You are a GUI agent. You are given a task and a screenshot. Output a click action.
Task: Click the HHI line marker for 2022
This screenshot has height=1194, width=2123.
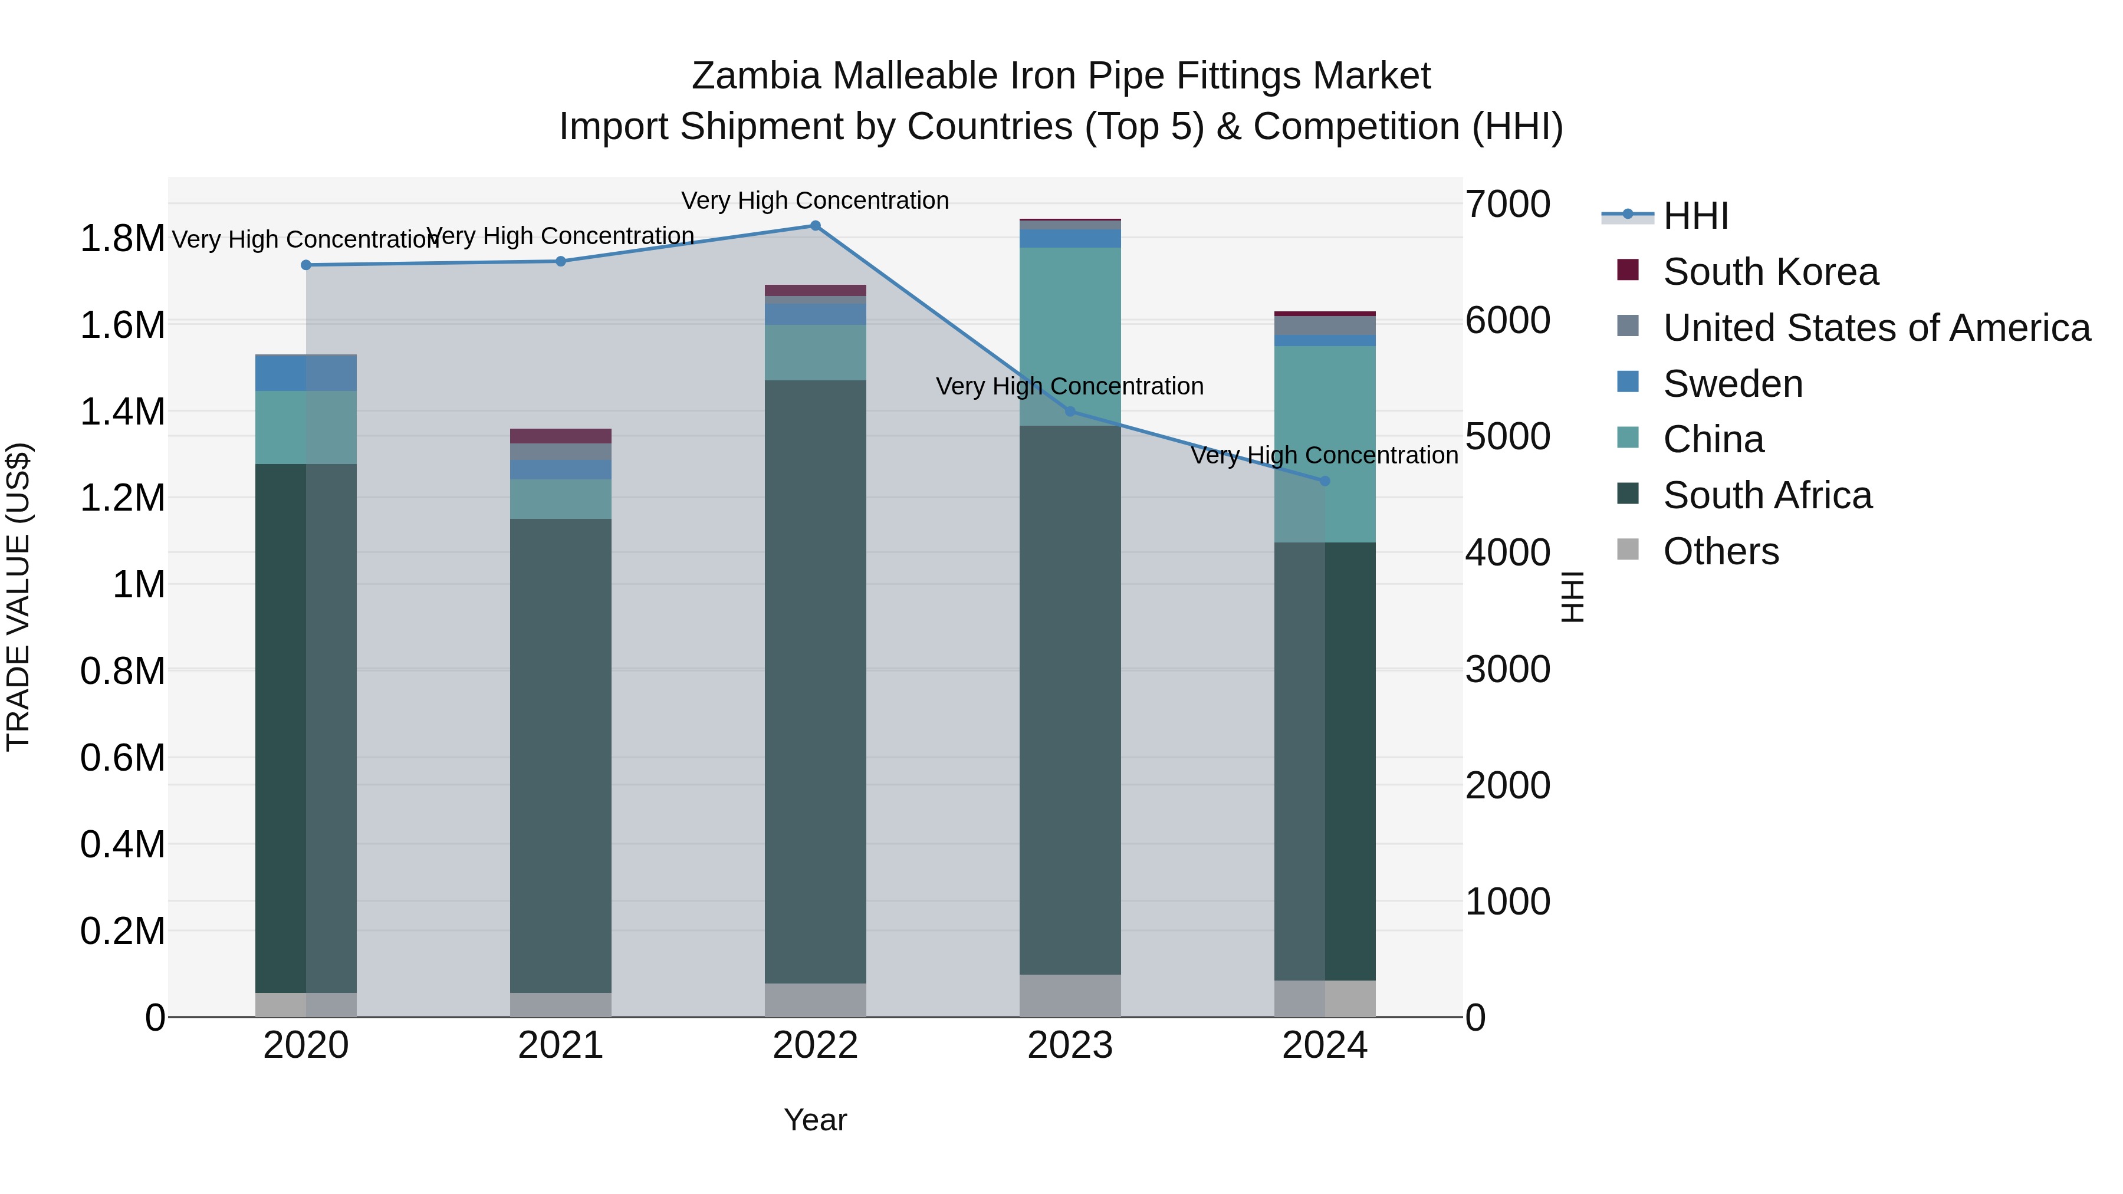(x=815, y=226)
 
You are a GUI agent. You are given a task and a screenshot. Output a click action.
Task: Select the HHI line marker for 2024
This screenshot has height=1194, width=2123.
(x=1325, y=481)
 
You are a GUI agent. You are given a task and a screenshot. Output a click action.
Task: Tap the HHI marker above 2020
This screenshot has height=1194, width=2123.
(x=305, y=265)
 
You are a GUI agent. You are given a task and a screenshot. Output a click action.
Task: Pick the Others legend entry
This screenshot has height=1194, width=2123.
(x=1720, y=551)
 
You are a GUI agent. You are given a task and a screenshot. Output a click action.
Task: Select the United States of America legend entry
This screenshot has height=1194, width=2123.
(x=1876, y=328)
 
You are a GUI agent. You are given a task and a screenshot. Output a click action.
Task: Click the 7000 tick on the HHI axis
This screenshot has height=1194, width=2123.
(x=1507, y=205)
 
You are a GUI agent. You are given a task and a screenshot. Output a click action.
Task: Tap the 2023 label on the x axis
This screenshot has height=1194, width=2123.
(x=1070, y=1045)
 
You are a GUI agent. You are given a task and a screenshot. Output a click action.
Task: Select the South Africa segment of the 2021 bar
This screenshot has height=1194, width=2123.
(x=560, y=754)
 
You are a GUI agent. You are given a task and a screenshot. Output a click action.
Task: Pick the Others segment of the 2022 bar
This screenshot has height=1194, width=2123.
(x=815, y=999)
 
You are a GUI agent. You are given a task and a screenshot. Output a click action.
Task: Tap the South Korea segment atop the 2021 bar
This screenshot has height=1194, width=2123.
(x=560, y=436)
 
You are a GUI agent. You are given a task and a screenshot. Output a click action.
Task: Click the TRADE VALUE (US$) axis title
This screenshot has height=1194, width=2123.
(x=18, y=597)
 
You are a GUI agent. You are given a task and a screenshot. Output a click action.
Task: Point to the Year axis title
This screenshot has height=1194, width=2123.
(x=815, y=1120)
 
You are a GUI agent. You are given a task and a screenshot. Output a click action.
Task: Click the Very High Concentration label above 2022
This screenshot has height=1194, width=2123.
(x=815, y=201)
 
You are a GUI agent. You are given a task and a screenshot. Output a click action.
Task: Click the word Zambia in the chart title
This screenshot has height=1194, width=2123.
(x=756, y=77)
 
